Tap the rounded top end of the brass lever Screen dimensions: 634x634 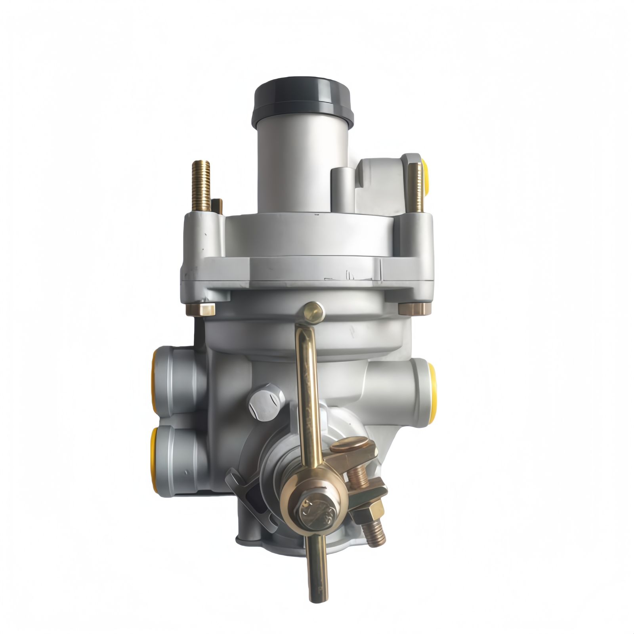(x=312, y=311)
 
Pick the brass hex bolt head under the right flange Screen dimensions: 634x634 (x=411, y=308)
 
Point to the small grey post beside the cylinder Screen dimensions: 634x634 (x=342, y=186)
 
